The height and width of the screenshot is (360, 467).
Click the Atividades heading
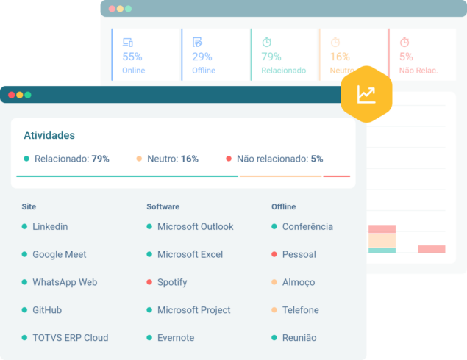click(x=49, y=135)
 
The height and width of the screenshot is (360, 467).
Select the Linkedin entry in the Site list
click(x=50, y=226)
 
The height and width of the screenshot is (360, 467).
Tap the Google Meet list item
click(x=59, y=254)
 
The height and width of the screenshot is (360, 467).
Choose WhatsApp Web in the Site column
click(x=65, y=282)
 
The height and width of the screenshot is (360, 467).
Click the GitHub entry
click(x=47, y=310)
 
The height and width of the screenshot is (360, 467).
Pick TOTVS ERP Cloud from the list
click(x=70, y=338)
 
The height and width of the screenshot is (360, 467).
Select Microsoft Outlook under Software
click(x=195, y=226)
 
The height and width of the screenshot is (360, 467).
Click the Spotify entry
click(x=172, y=282)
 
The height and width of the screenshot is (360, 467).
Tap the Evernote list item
click(x=176, y=338)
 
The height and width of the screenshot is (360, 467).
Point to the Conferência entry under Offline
click(x=307, y=226)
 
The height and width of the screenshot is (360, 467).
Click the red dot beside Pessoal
click(x=274, y=254)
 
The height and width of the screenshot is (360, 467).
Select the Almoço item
click(x=299, y=282)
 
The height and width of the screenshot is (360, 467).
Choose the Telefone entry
click(x=300, y=310)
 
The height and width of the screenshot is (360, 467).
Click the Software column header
click(x=163, y=206)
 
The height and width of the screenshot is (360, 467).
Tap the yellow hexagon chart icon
click(x=366, y=94)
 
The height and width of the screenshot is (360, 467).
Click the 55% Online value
click(x=132, y=57)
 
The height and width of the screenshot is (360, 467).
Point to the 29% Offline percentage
click(x=202, y=57)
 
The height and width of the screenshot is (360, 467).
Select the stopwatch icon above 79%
click(x=267, y=42)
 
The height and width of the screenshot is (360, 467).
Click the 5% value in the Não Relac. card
click(x=406, y=57)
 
